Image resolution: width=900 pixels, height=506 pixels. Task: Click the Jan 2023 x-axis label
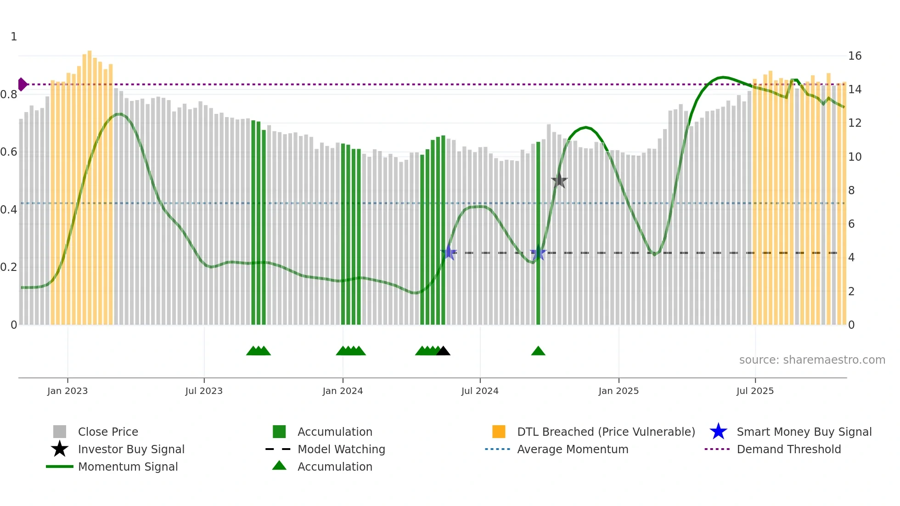(x=67, y=391)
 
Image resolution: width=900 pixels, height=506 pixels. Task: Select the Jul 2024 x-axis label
(x=480, y=391)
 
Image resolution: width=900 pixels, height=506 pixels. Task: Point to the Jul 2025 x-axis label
(x=755, y=391)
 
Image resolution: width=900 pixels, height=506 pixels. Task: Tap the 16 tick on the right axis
(x=855, y=56)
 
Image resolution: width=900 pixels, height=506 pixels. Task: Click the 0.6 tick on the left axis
(x=9, y=152)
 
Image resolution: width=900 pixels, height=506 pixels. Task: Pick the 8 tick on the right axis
(x=851, y=191)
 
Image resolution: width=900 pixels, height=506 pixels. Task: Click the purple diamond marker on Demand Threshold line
(x=22, y=84)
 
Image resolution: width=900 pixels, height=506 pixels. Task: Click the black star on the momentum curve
(x=559, y=180)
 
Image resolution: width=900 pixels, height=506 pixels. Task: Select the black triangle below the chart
(x=443, y=351)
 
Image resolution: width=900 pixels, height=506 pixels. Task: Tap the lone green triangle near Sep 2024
(x=538, y=351)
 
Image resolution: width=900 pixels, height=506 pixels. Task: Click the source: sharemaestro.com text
(x=812, y=360)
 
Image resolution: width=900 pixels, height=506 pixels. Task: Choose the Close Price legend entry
(x=108, y=432)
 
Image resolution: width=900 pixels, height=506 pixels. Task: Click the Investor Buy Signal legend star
(x=60, y=449)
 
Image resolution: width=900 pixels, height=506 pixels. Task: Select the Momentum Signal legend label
(x=128, y=467)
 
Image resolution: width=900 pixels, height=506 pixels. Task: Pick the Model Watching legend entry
(x=341, y=449)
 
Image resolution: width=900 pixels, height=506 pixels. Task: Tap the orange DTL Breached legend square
(x=499, y=432)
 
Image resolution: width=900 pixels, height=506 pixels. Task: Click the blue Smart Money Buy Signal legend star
(x=718, y=432)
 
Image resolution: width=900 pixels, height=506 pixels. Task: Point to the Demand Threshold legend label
(x=788, y=449)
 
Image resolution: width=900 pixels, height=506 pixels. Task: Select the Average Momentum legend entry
(x=573, y=449)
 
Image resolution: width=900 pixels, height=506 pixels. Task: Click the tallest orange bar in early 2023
(x=90, y=184)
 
